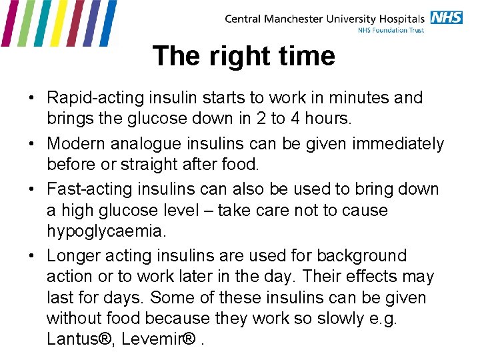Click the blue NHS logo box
pos(446,17)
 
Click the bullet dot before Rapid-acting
pos(32,98)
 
